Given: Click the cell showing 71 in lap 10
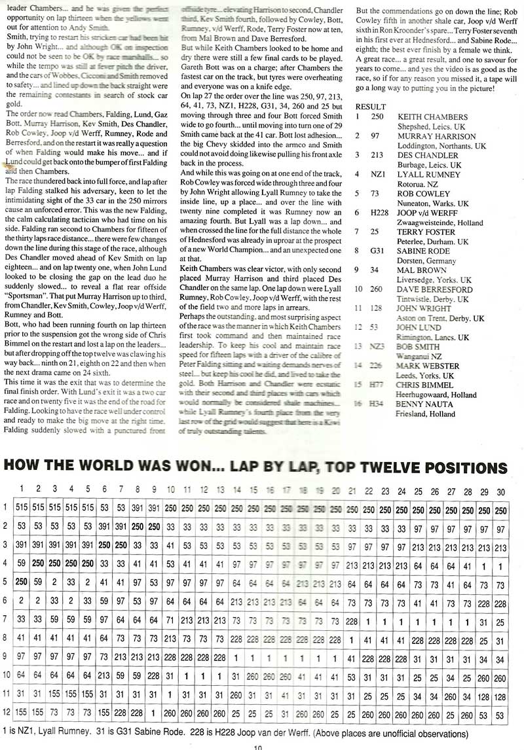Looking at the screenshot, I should pos(170,618).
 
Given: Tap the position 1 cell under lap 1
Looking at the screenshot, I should pos(22,509).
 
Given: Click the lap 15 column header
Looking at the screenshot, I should pos(253,490).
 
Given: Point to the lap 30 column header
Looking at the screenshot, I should pos(500,490).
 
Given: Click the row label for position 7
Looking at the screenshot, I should pos(7,618).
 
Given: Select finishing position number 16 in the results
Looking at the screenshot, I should pos(358,405).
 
